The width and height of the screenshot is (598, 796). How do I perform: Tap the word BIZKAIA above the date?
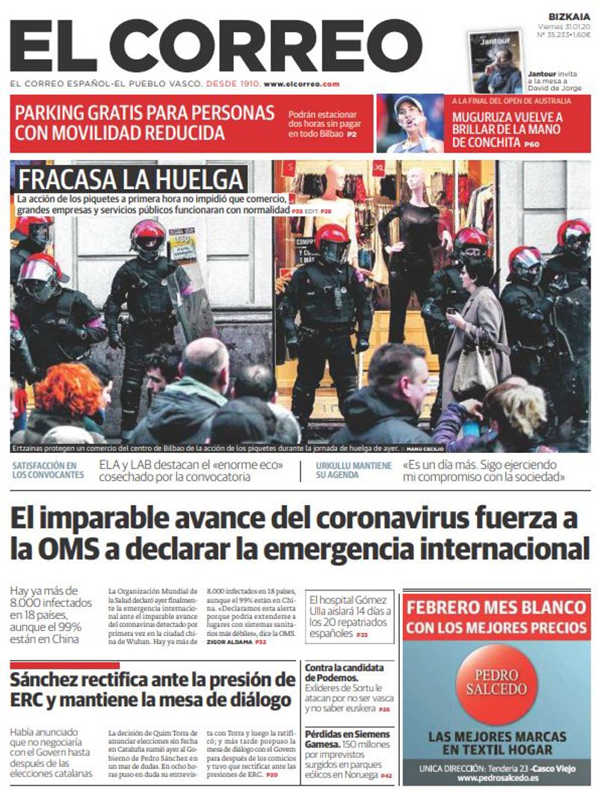pyautogui.click(x=569, y=16)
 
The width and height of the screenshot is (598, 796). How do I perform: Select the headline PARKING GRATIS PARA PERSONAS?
pyautogui.click(x=145, y=114)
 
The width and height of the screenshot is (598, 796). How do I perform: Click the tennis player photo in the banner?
pyautogui.click(x=410, y=123)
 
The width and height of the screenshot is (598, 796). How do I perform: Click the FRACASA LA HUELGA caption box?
pyautogui.click(x=132, y=179)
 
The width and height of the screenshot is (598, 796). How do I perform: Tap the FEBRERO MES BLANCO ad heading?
pyautogui.click(x=496, y=606)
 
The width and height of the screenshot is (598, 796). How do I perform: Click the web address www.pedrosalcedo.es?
pyautogui.click(x=496, y=777)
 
